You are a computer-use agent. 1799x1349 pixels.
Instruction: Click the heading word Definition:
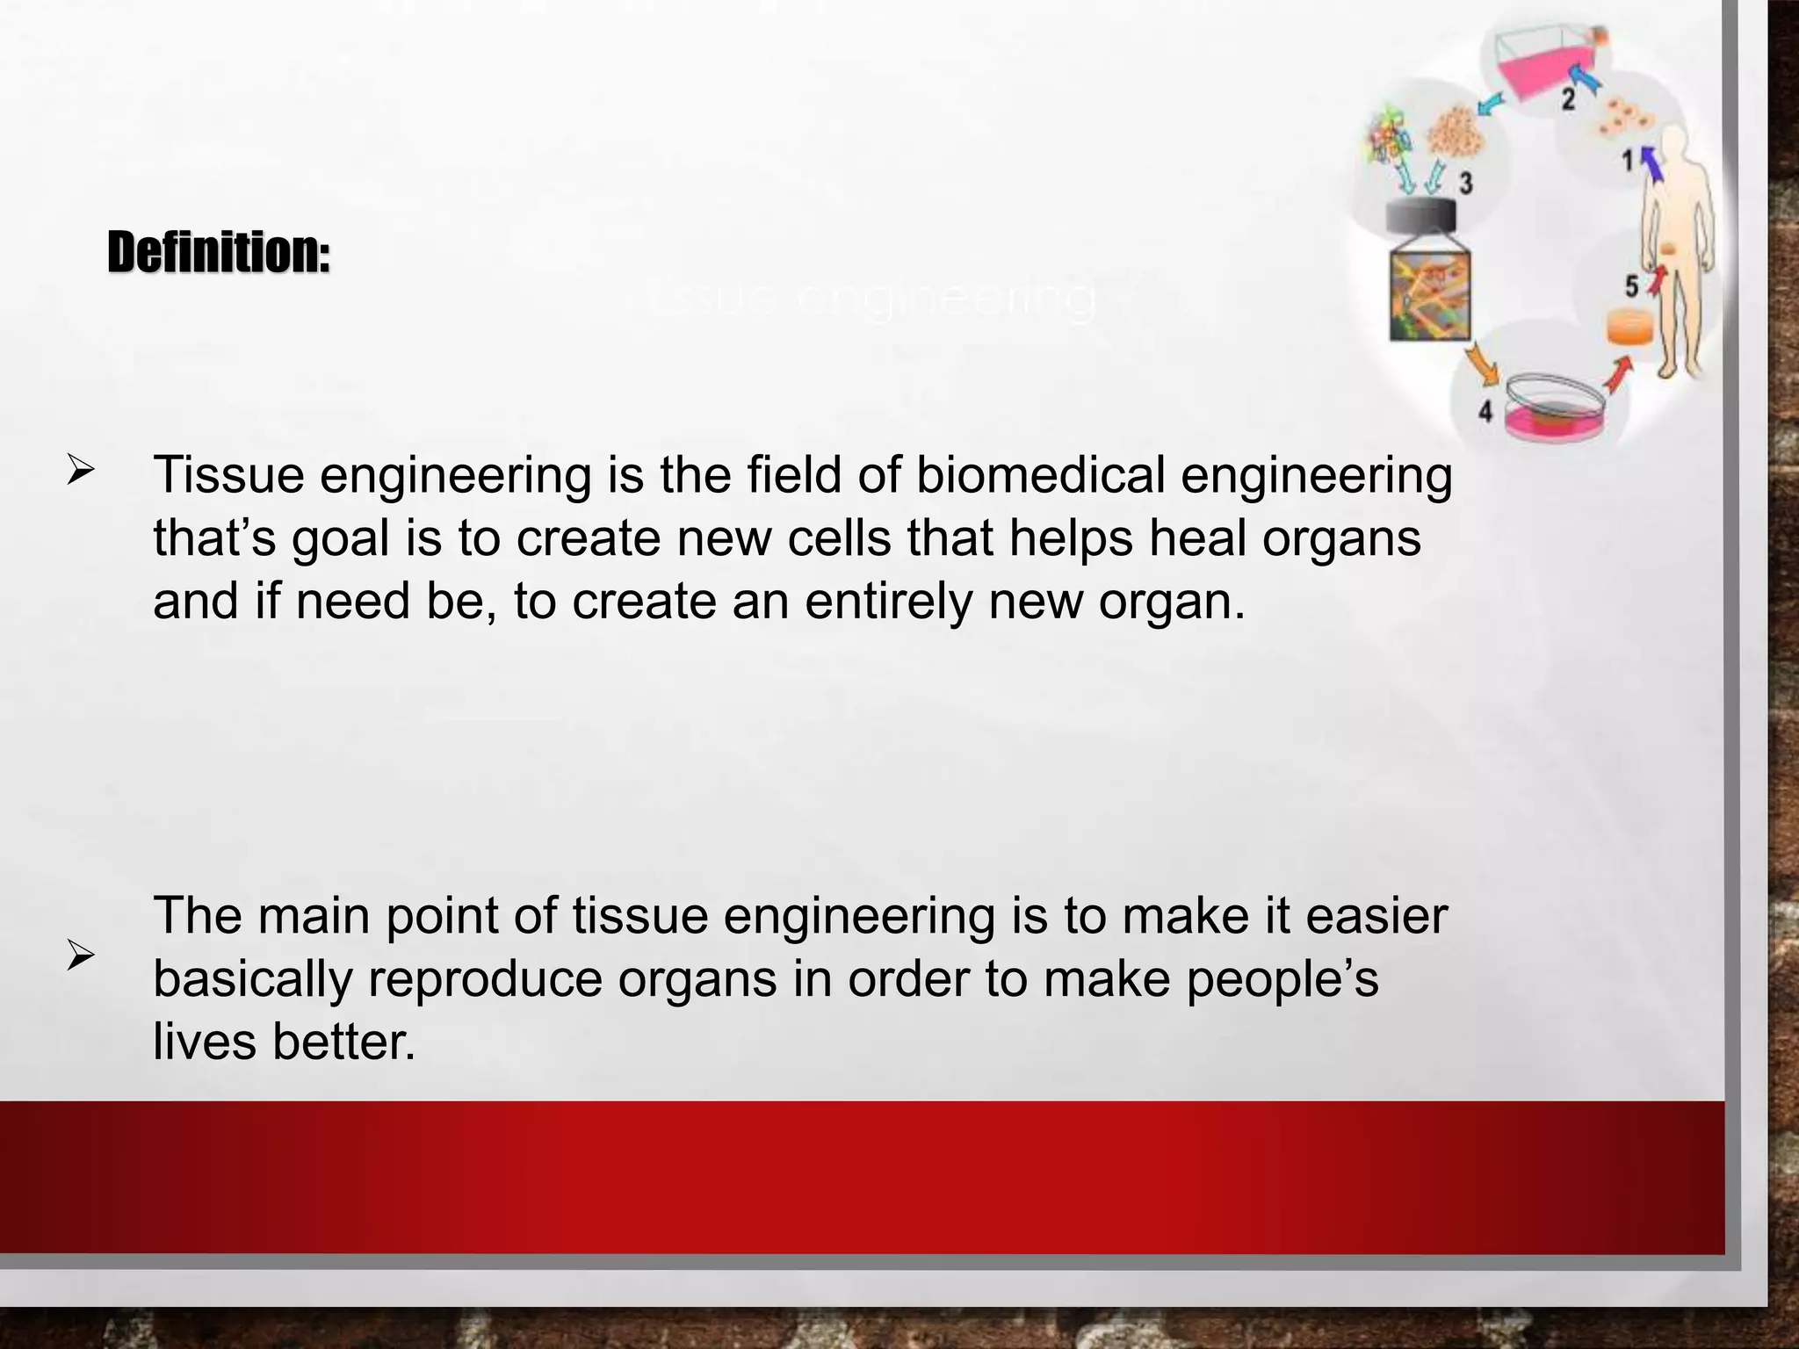tap(219, 253)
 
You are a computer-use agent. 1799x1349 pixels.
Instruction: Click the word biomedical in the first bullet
tap(1040, 475)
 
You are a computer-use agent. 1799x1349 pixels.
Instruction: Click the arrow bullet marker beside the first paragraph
tap(80, 473)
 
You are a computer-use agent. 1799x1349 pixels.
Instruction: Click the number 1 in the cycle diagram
tap(1628, 160)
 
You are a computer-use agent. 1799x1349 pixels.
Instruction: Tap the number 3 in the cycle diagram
tap(1465, 184)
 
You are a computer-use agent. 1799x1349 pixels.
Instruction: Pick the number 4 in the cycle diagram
tap(1485, 410)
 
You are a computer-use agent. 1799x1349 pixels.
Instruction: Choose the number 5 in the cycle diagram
tap(1631, 286)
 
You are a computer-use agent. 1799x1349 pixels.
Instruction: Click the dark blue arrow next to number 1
tap(1652, 162)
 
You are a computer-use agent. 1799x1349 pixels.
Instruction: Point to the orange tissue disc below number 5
tap(1630, 328)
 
